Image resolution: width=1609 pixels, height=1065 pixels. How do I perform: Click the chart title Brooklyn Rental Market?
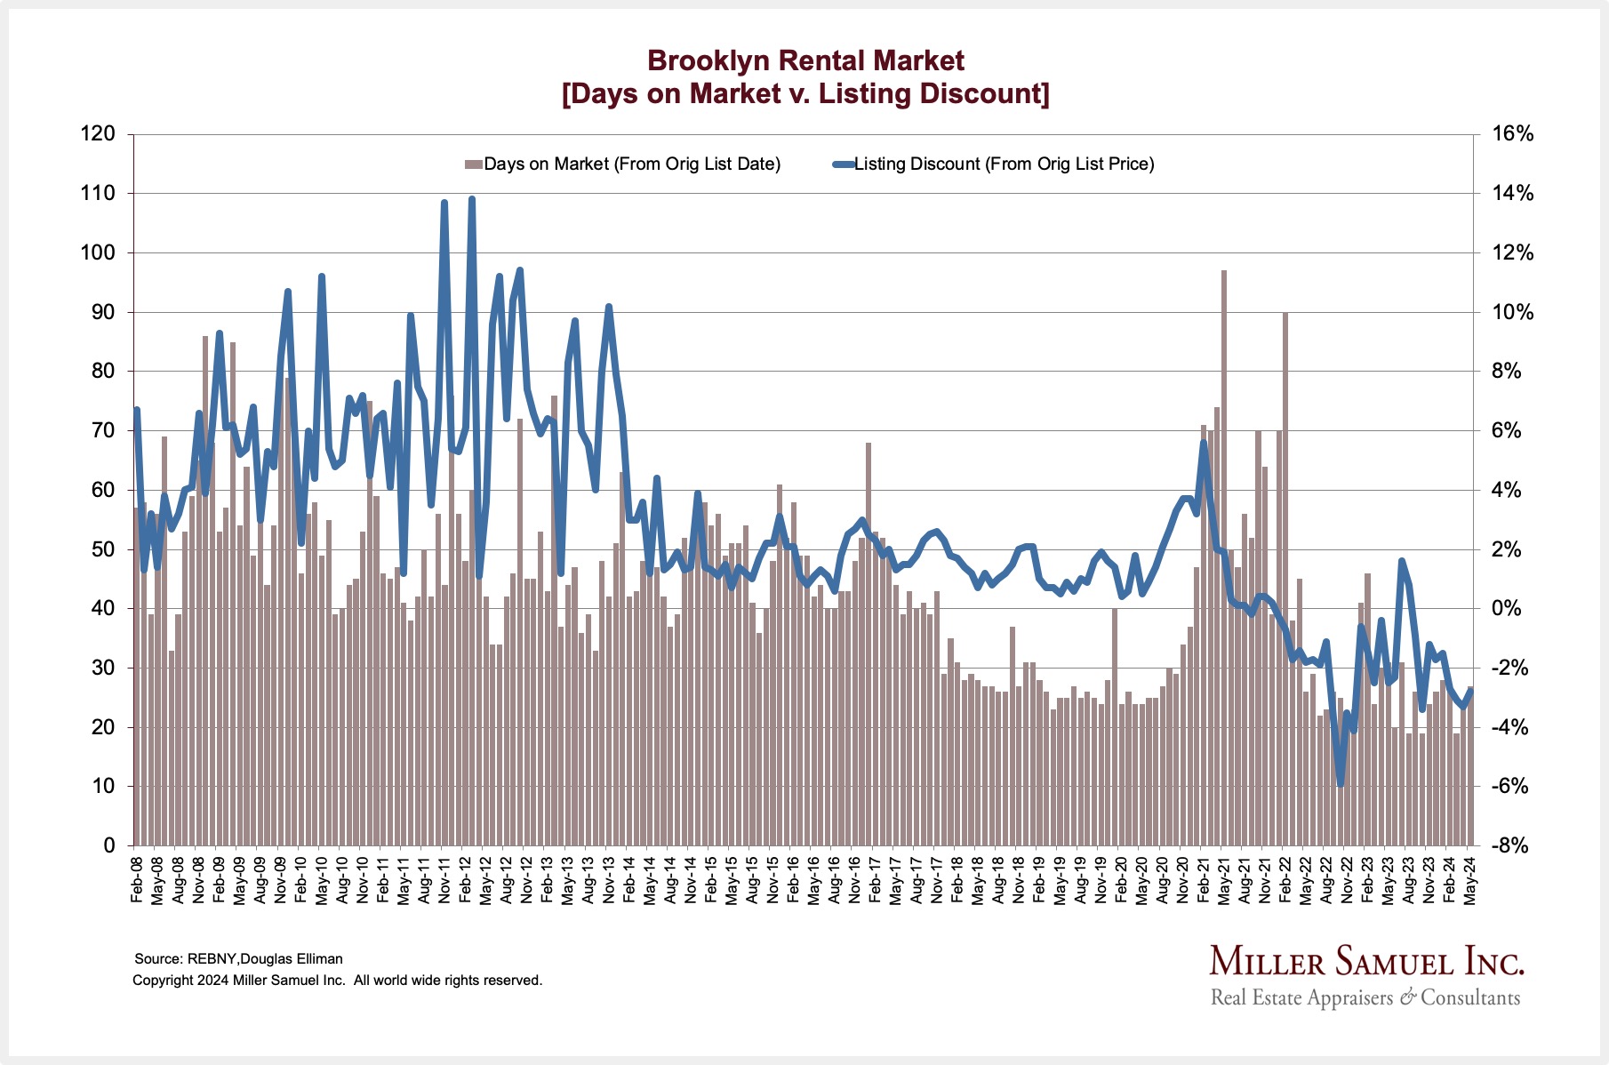pos(804,60)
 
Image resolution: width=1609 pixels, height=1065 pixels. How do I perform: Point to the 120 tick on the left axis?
pos(98,134)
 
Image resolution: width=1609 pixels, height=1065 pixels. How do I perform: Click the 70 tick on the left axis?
pos(103,430)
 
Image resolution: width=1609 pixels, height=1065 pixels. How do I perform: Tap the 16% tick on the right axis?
pos(1512,134)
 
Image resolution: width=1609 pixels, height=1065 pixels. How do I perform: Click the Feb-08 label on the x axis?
pos(137,880)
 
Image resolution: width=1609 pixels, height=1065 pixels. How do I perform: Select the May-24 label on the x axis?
pos(1470,880)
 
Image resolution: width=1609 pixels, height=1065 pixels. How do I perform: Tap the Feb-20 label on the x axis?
pos(1122,880)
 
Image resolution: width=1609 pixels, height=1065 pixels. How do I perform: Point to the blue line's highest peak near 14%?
pos(471,200)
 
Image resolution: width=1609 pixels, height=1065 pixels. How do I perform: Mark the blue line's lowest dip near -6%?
pos(1341,782)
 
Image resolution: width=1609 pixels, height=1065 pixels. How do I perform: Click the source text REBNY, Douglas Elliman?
pos(238,959)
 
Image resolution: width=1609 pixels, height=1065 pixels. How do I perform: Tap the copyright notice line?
pos(337,981)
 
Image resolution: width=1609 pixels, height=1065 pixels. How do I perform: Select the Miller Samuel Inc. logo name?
pos(1366,962)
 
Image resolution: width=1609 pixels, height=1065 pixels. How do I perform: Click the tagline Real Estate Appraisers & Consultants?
pos(1365,997)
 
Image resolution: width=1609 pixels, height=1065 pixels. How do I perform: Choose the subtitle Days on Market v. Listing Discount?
pos(804,93)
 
